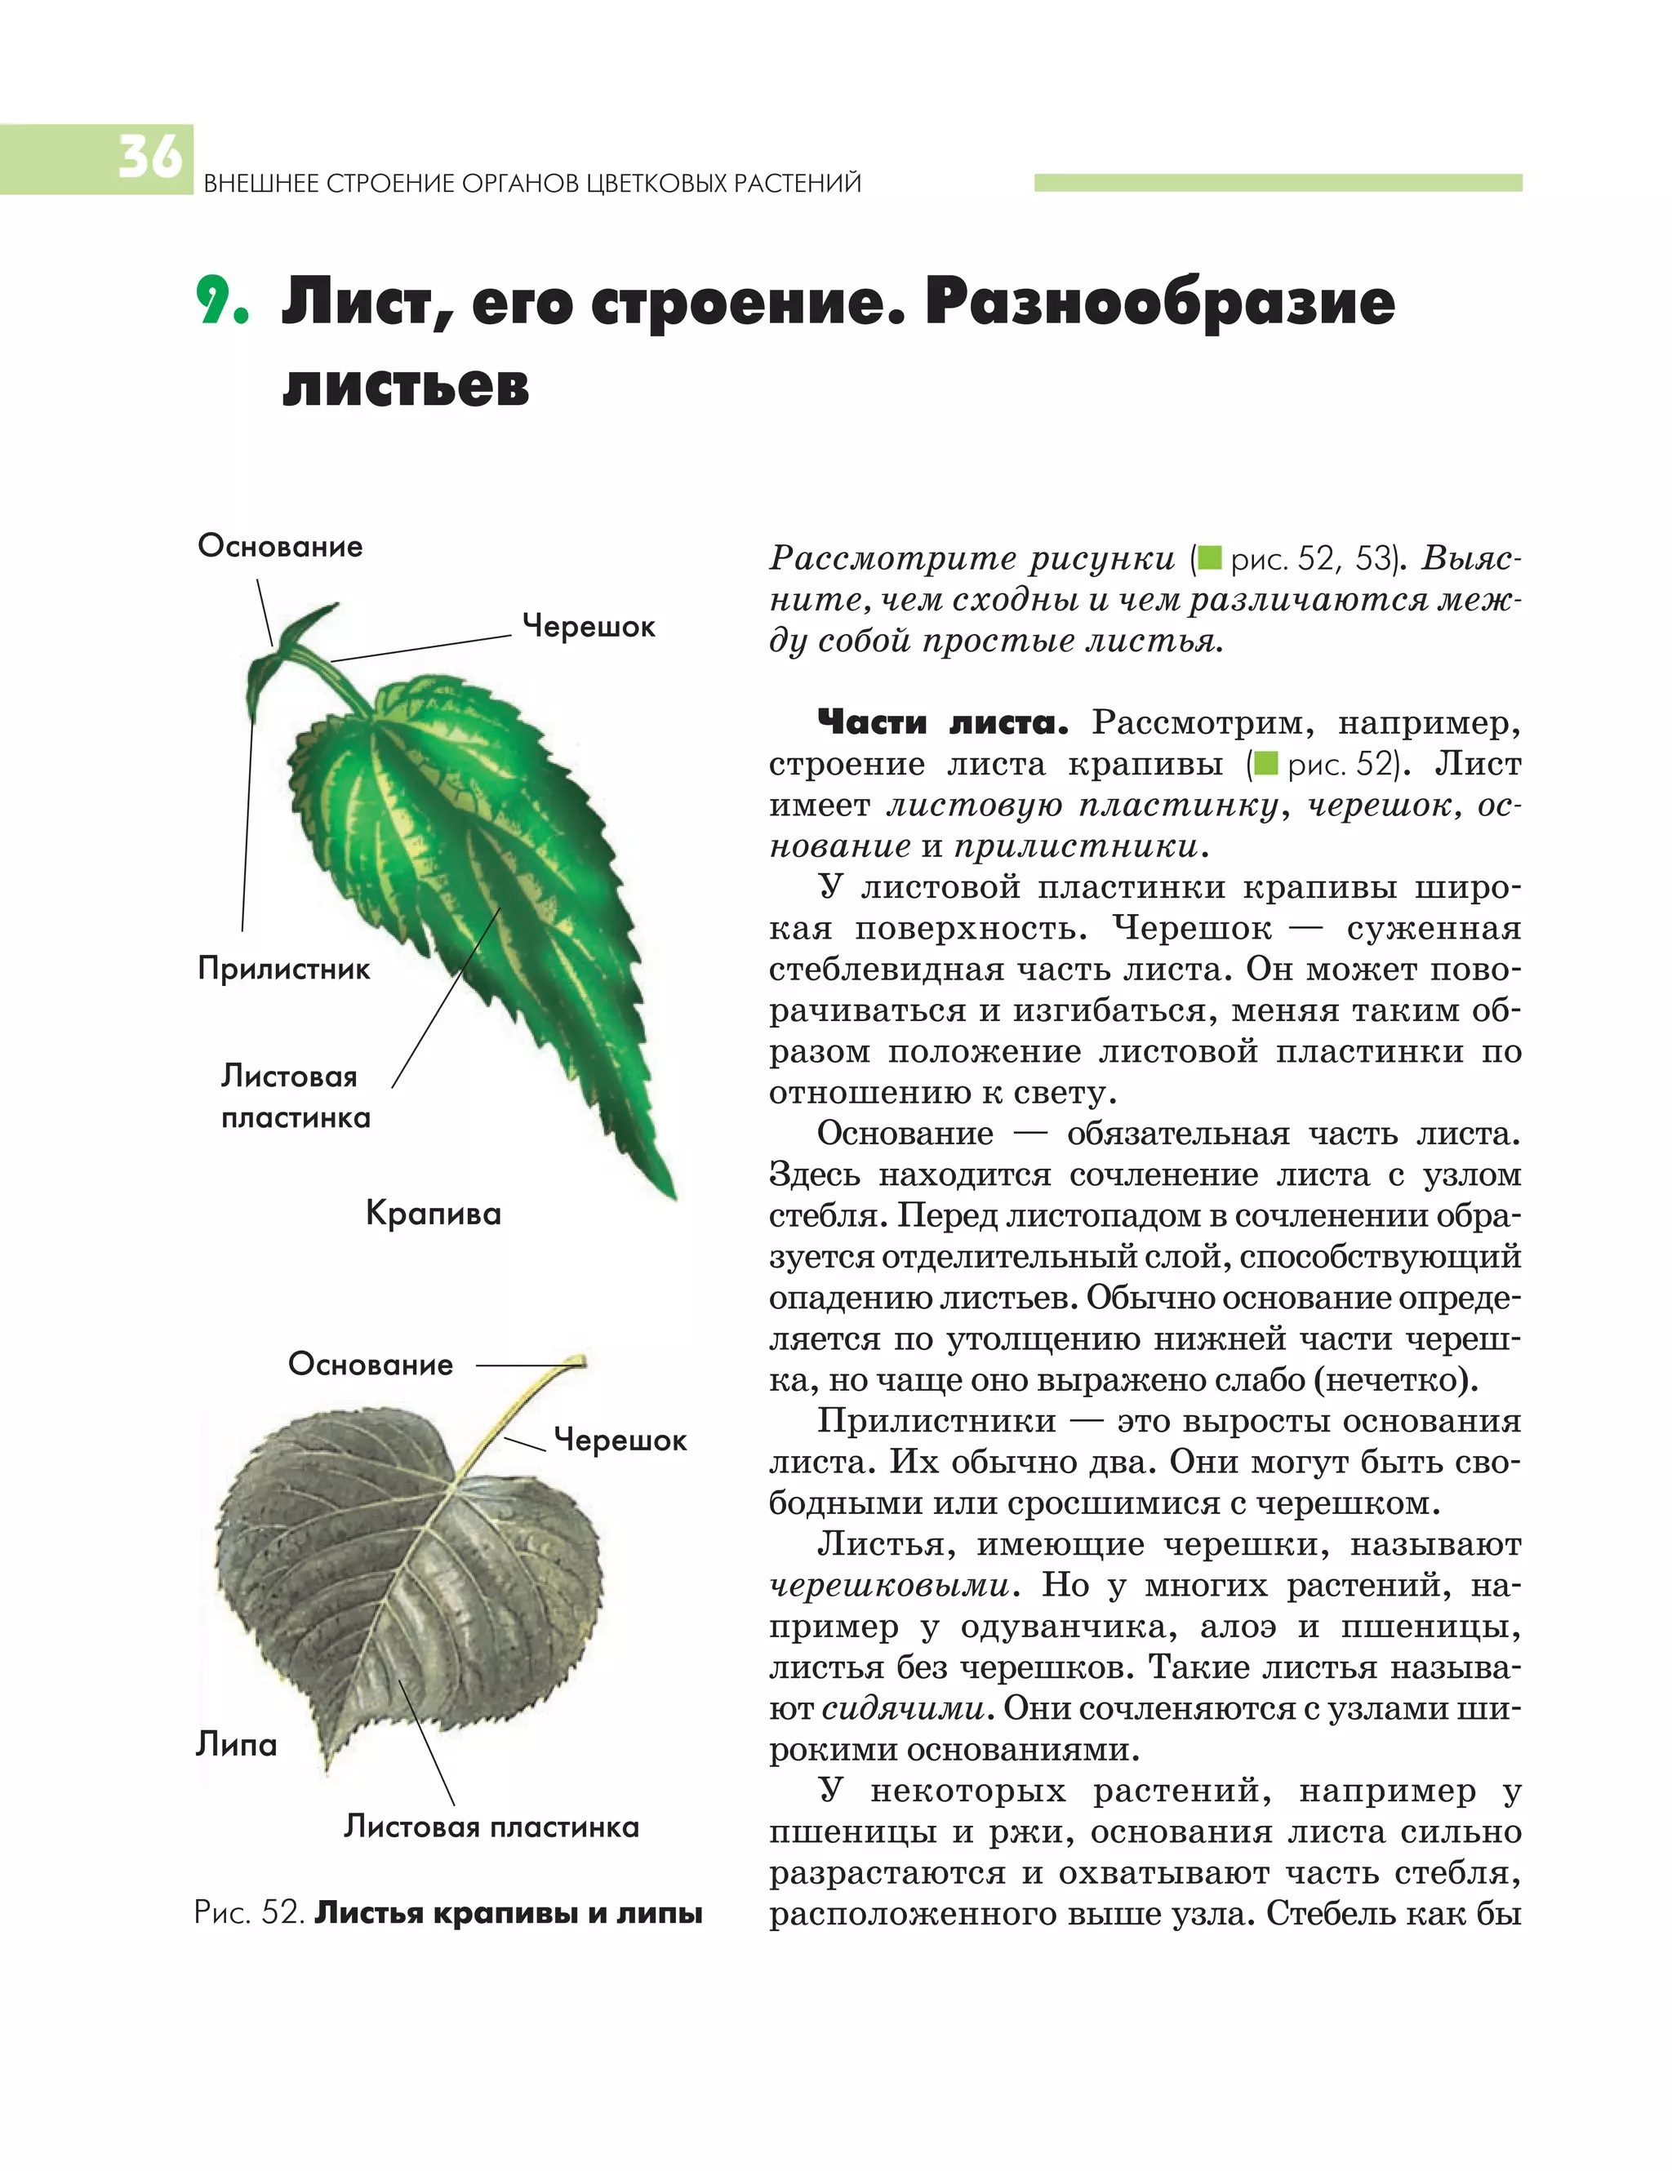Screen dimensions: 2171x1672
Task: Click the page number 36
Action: [x=150, y=157]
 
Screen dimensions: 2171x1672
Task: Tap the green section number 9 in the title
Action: [x=219, y=301]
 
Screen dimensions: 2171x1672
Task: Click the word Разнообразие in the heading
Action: [x=1159, y=301]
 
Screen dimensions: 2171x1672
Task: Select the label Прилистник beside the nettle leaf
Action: [x=283, y=968]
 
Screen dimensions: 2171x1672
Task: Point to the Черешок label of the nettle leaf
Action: [x=589, y=626]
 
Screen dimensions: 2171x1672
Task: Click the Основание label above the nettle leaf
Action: [x=280, y=546]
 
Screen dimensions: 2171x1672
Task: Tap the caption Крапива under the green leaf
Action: [x=434, y=1213]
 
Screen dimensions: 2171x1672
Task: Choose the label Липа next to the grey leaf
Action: [x=236, y=1743]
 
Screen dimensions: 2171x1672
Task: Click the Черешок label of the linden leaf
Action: [x=620, y=1440]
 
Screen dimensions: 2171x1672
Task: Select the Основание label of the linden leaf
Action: [x=370, y=1364]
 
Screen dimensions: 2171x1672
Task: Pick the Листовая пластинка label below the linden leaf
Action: [x=491, y=1826]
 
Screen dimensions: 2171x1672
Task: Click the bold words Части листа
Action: [x=941, y=722]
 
